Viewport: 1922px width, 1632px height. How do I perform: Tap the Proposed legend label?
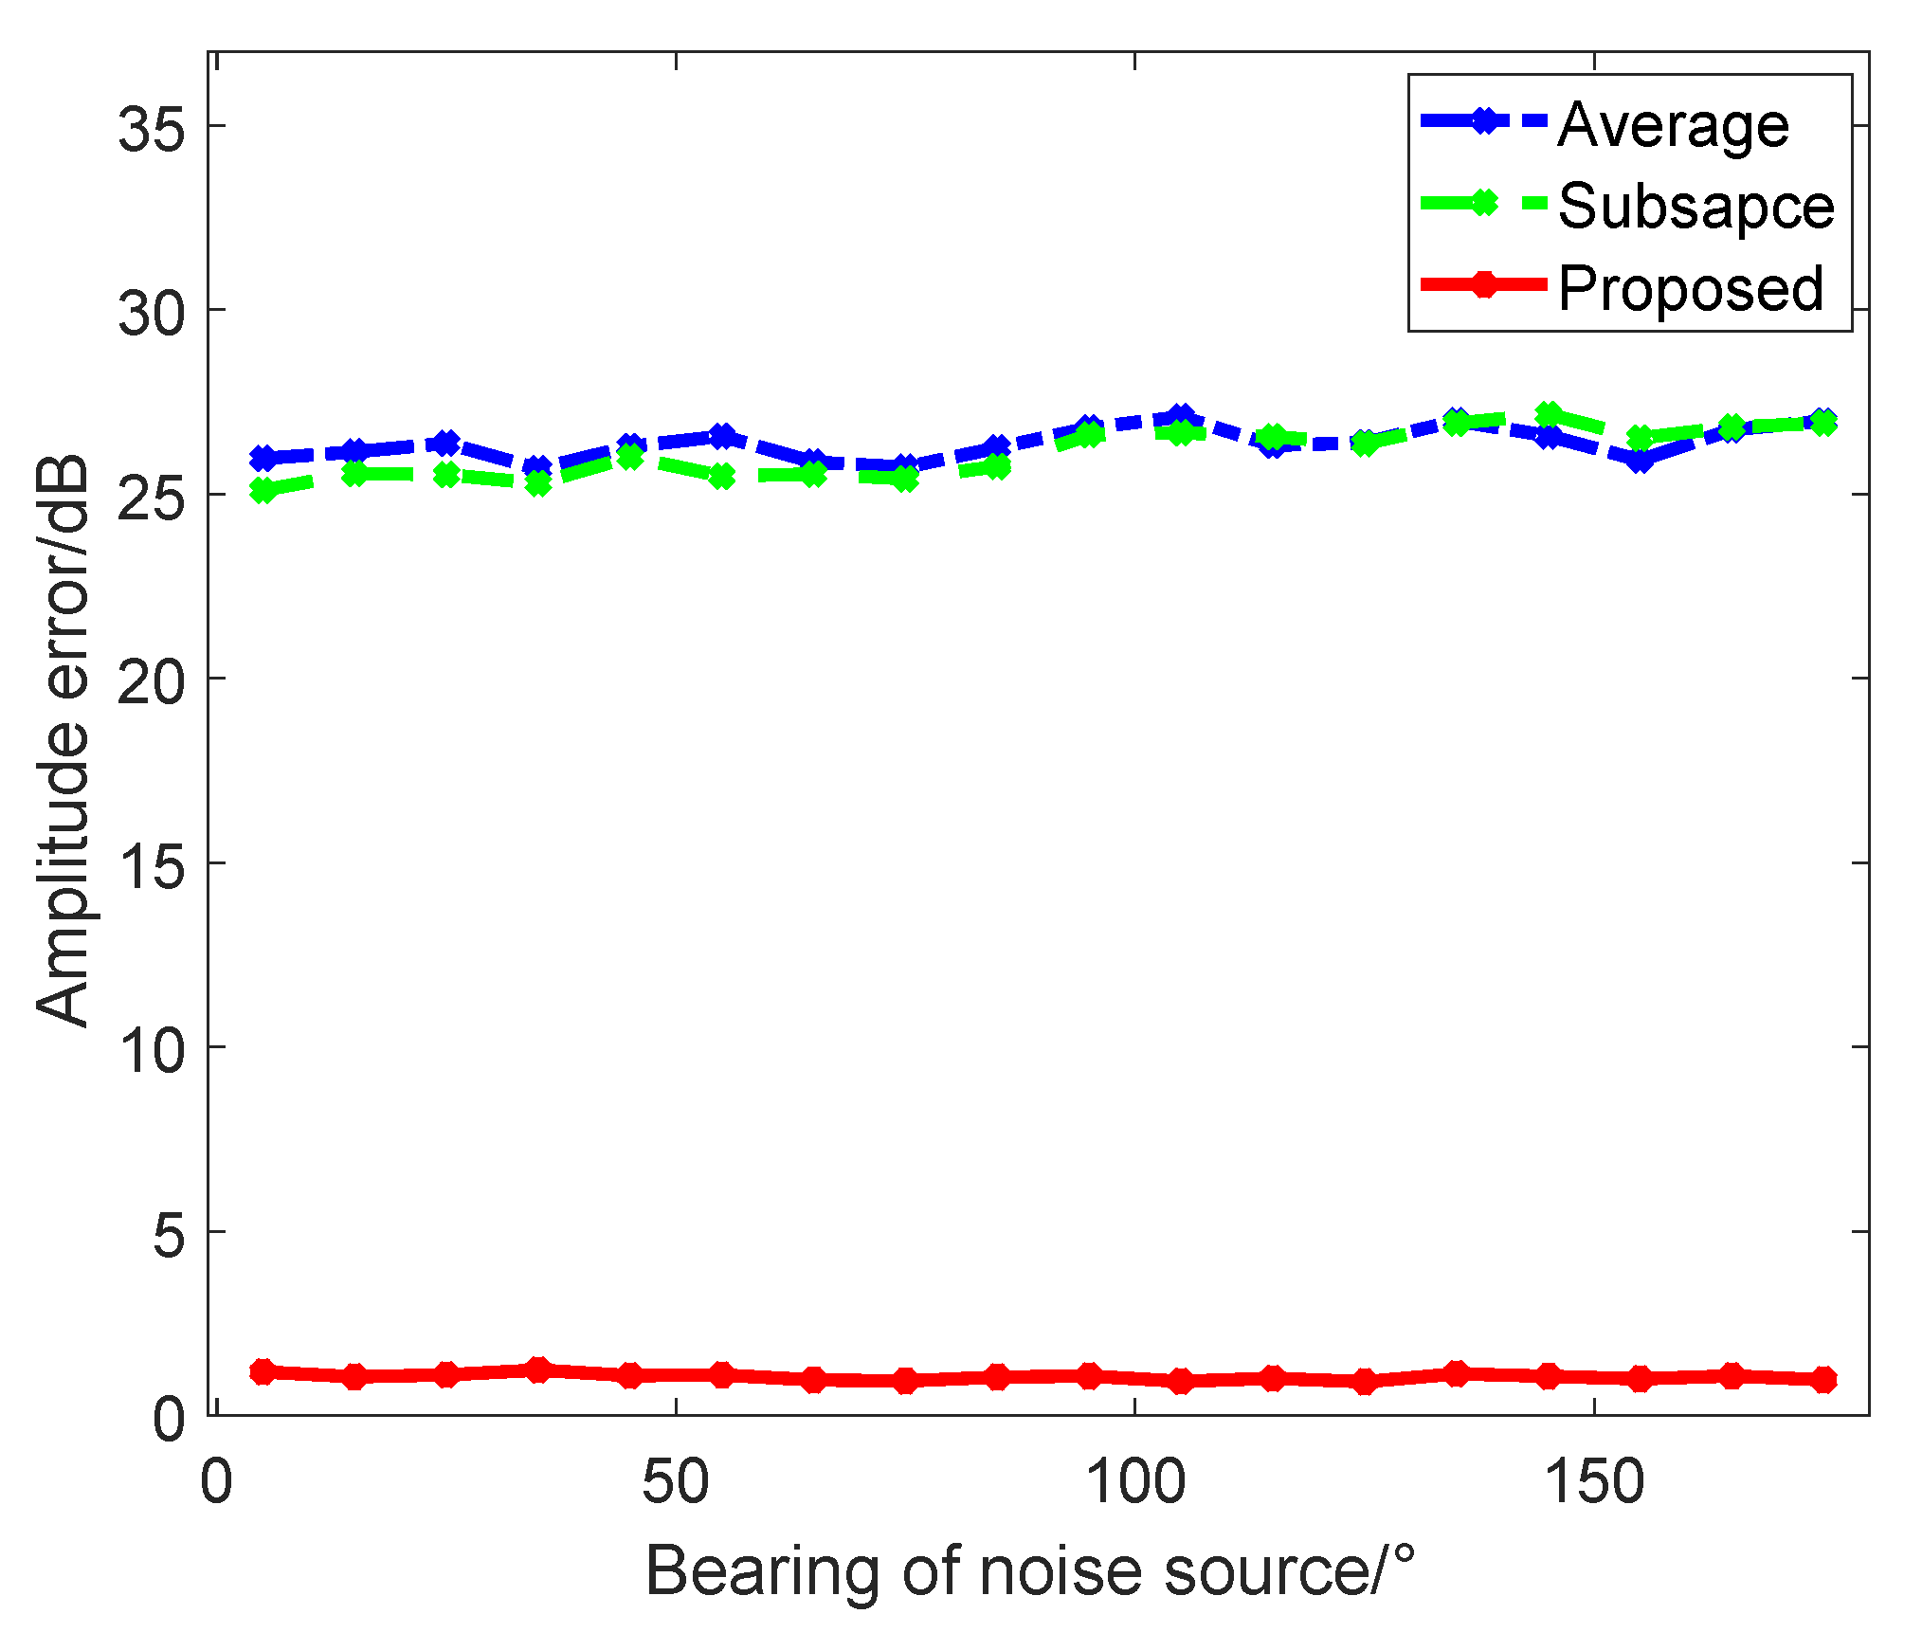click(x=1690, y=288)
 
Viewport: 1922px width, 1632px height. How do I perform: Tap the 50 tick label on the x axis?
click(x=675, y=1482)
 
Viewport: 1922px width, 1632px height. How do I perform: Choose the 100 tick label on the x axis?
click(x=1134, y=1482)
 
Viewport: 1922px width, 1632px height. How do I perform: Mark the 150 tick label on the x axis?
click(x=1594, y=1482)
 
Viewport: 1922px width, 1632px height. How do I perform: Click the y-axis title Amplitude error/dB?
click(x=63, y=740)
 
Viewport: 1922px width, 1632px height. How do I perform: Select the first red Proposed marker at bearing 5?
click(x=263, y=1371)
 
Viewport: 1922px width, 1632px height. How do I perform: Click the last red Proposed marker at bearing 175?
click(x=1823, y=1379)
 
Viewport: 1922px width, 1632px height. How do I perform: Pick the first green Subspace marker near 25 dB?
click(x=263, y=490)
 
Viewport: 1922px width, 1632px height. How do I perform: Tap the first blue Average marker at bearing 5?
click(x=263, y=458)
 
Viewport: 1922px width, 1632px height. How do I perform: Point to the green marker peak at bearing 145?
click(x=1548, y=414)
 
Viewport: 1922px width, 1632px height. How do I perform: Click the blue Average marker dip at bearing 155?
click(x=1640, y=461)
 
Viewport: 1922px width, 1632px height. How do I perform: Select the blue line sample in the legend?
click(x=1484, y=121)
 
